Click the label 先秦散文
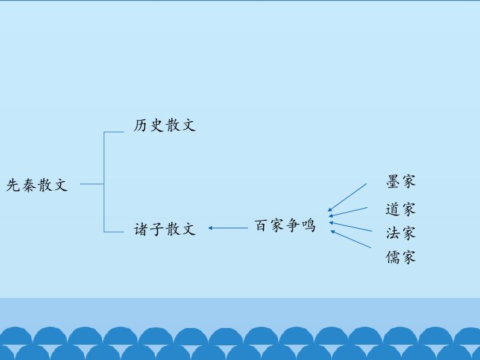[37, 185]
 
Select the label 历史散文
[165, 125]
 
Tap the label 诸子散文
[165, 229]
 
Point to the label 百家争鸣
[285, 225]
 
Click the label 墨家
[401, 181]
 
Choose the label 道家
[401, 209]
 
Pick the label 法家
[401, 233]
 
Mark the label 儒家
[401, 257]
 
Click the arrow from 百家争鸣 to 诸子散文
[228, 228]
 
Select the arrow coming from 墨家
[347, 197]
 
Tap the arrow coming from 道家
[348, 212]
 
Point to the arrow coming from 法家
[351, 227]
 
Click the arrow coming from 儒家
[351, 239]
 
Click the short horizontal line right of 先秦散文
[92, 184]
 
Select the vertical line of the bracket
[104, 182]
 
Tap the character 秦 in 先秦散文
[29, 185]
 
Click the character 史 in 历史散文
[157, 125]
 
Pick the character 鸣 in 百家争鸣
[308, 225]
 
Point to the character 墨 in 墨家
[393, 181]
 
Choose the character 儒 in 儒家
[393, 257]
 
